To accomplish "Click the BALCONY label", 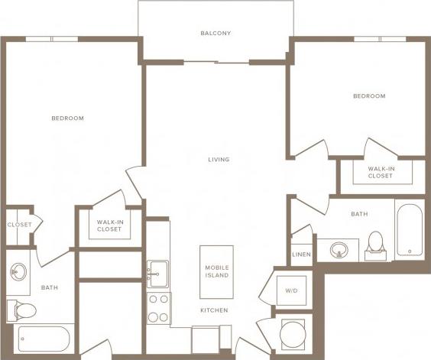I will point(215,34).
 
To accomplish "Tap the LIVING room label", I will point(219,160).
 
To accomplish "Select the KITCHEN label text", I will point(215,311).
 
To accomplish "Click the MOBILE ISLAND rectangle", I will point(216,271).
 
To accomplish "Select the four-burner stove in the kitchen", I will point(158,308).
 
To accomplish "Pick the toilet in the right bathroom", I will point(376,243).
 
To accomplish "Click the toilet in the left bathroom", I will point(23,310).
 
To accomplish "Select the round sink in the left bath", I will point(18,271).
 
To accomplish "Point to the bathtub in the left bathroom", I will point(44,338).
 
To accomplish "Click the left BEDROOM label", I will point(67,118).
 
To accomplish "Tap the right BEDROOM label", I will point(369,96).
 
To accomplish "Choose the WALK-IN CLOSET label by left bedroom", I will point(109,226).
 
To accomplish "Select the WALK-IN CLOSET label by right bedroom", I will point(380,172).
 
